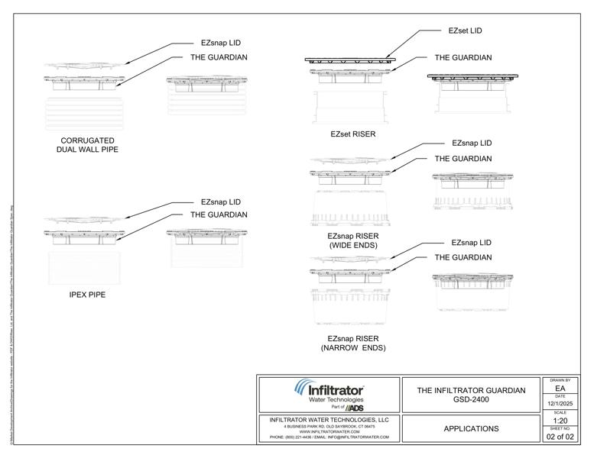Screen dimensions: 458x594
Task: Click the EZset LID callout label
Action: (x=465, y=31)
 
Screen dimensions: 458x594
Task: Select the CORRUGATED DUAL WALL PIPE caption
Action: (x=87, y=145)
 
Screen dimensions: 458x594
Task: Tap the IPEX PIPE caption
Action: (x=87, y=295)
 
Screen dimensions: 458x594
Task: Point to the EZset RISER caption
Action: (x=352, y=134)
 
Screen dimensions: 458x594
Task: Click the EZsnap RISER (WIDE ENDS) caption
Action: (x=352, y=241)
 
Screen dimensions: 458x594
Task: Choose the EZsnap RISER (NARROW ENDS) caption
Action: (x=352, y=343)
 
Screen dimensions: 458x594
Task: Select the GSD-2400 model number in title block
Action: (x=471, y=400)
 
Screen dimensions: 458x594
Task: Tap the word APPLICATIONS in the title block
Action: (x=471, y=429)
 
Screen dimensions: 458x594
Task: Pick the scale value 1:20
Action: (x=560, y=421)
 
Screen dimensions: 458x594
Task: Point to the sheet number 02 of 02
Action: (x=560, y=437)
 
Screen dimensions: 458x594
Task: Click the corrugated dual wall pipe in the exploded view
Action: (x=85, y=114)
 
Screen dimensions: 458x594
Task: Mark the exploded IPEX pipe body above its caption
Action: (x=85, y=268)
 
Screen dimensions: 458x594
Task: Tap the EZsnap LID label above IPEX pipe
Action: (x=221, y=202)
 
